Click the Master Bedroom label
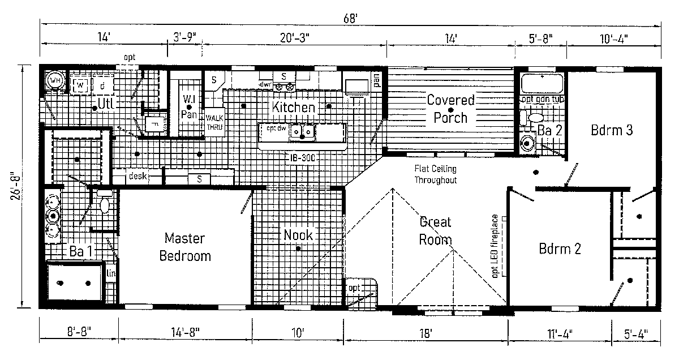[x=184, y=247]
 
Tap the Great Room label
[x=436, y=230]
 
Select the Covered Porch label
[x=450, y=109]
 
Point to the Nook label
[x=298, y=235]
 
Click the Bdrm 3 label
[x=612, y=130]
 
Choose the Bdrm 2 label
[x=560, y=248]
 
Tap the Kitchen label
[x=293, y=107]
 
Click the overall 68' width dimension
[x=351, y=18]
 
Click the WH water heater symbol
[x=55, y=80]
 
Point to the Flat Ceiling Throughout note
[x=435, y=174]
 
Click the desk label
[x=137, y=177]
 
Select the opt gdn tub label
[x=542, y=99]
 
